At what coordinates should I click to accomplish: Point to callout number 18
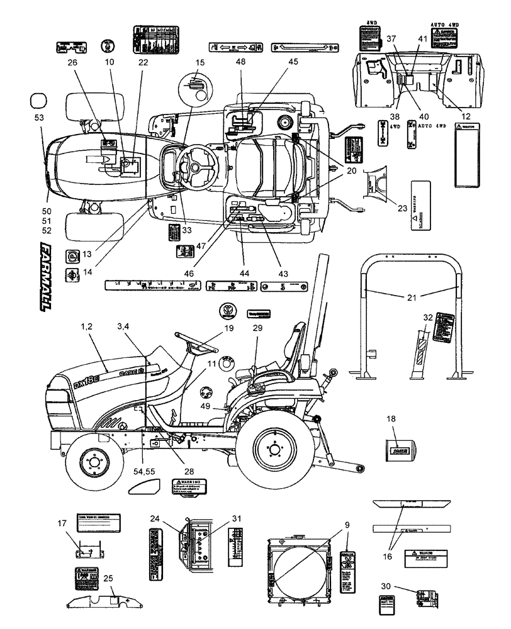[x=391, y=418]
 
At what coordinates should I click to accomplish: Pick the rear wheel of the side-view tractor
[x=275, y=448]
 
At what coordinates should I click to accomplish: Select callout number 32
[x=429, y=318]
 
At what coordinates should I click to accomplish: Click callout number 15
[x=199, y=63]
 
